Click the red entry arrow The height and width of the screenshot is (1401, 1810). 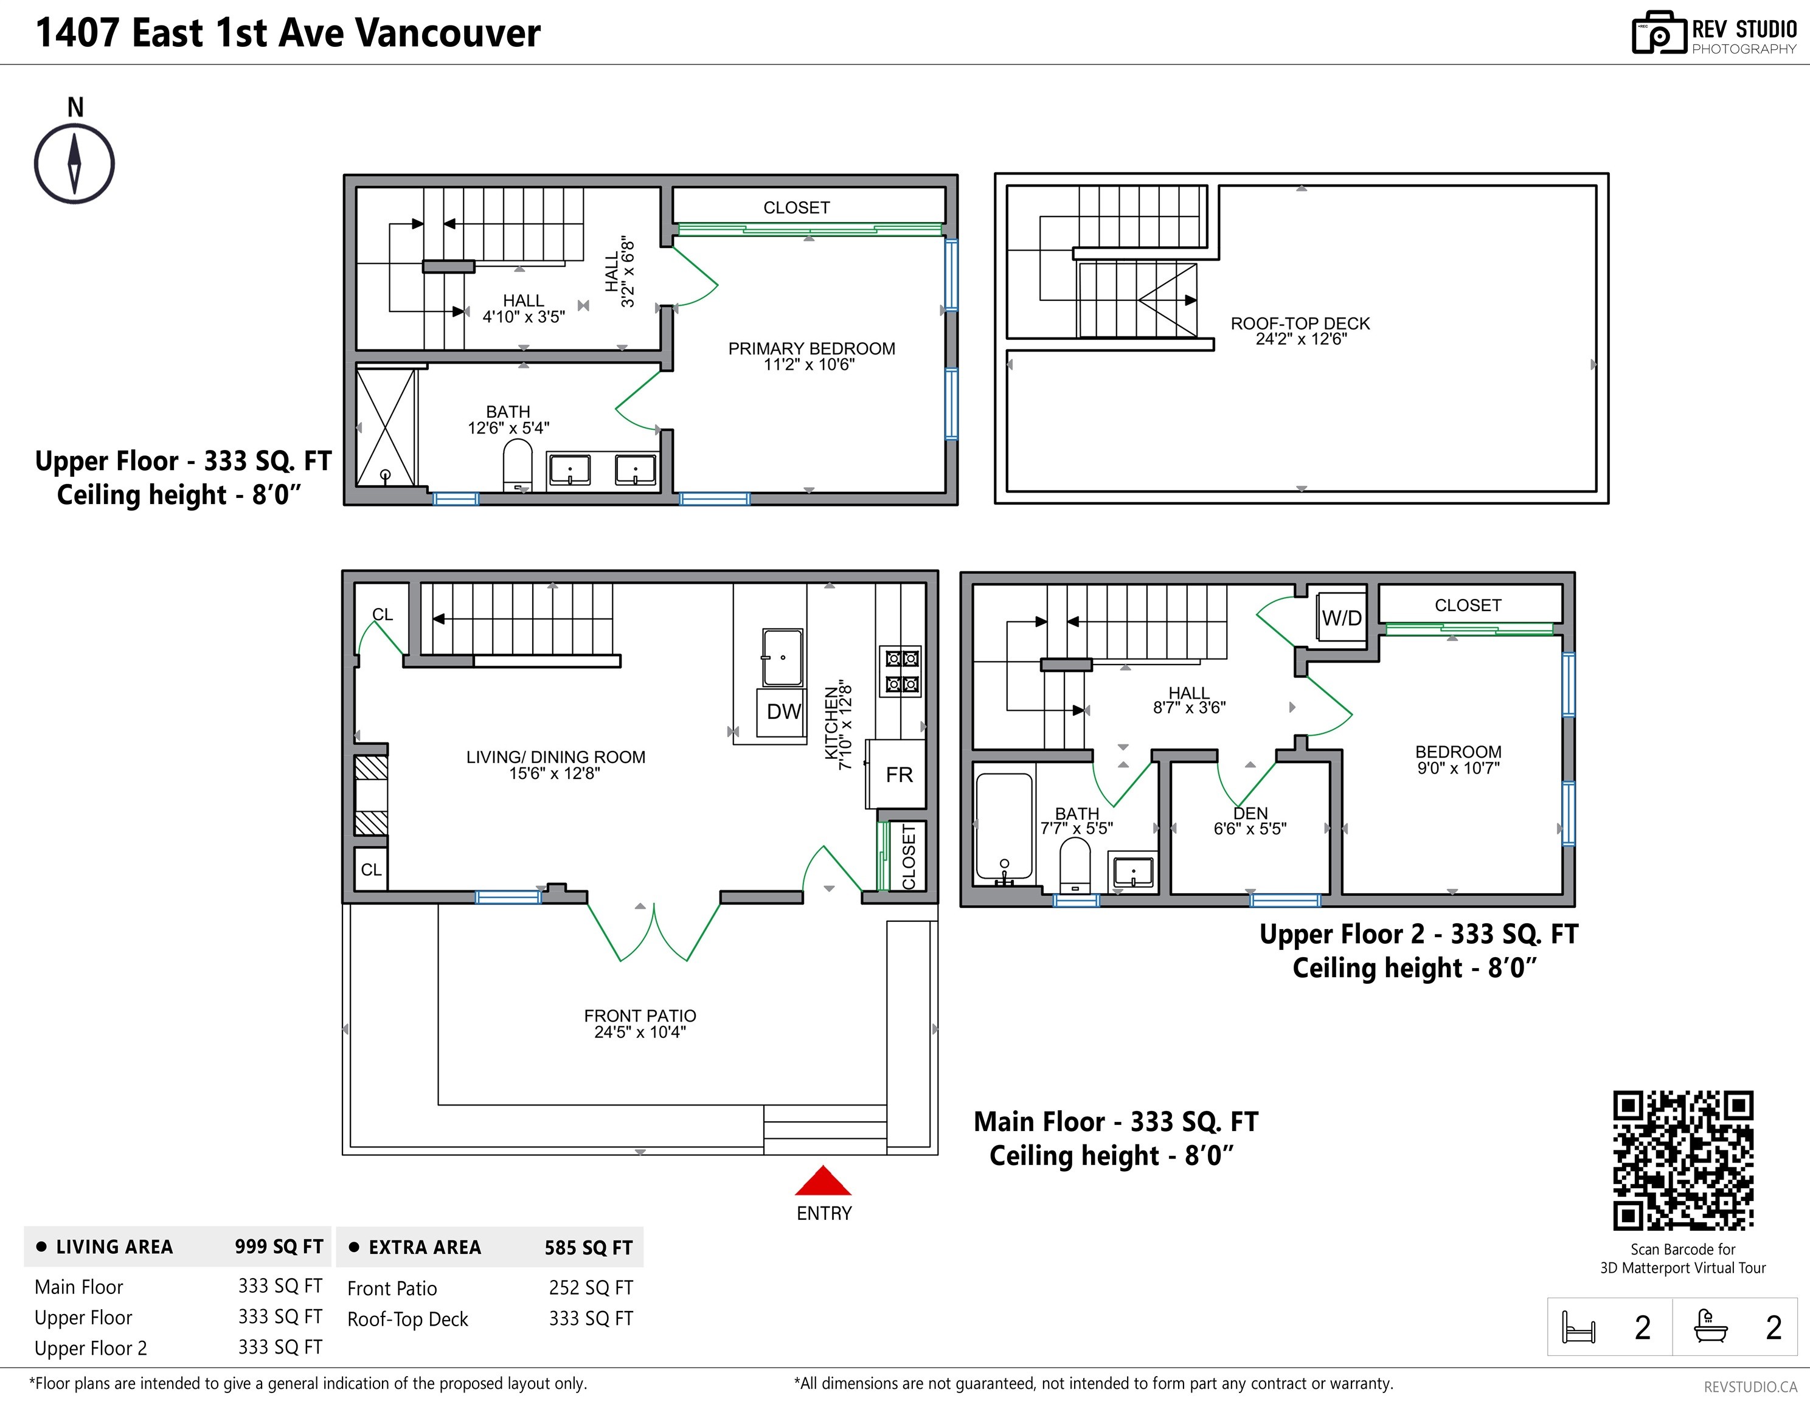[823, 1181]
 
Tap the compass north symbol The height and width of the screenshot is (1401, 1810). [75, 163]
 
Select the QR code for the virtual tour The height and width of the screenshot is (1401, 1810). [1683, 1160]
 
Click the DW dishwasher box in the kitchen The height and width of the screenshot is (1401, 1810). [782, 711]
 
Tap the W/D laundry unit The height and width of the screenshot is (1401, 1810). [1341, 617]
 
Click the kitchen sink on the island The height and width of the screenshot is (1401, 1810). [782, 657]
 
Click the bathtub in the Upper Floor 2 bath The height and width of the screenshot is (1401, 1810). [1004, 827]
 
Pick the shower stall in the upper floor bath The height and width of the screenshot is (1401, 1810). [386, 427]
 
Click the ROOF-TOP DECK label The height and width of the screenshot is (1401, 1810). [1300, 323]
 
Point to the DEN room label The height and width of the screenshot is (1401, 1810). [1250, 813]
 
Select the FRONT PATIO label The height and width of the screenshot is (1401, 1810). [640, 1015]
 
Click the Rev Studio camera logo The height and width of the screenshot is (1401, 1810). [1659, 33]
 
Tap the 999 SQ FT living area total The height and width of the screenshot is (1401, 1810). [279, 1247]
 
